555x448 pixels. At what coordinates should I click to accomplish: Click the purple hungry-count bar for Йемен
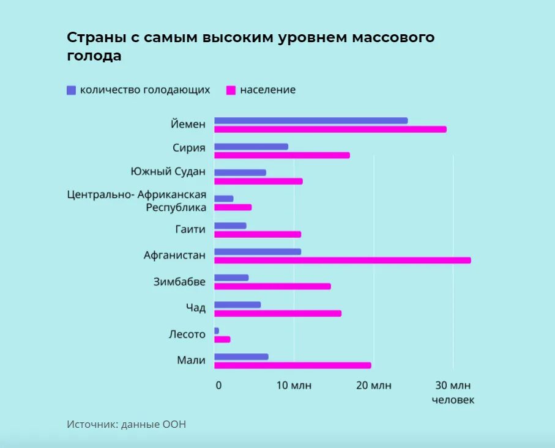click(311, 120)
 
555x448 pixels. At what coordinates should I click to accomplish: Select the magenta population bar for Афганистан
click(343, 260)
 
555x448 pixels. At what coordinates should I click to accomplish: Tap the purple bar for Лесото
click(217, 331)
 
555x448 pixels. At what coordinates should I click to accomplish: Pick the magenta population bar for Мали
click(292, 365)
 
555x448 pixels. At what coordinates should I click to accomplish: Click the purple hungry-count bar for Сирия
click(251, 147)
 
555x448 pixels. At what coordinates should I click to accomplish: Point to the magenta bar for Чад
click(278, 314)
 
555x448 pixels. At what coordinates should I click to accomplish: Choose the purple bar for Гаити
click(230, 226)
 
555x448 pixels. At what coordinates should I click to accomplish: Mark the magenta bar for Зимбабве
click(272, 286)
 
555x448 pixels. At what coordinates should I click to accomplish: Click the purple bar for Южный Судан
click(240, 172)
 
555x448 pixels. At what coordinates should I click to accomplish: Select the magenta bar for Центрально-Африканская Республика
click(233, 207)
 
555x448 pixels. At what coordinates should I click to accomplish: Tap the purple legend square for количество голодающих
click(71, 90)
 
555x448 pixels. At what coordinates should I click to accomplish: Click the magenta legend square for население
click(231, 90)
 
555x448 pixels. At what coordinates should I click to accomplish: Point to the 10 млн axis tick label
click(294, 385)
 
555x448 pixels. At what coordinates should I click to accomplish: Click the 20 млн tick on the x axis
click(374, 385)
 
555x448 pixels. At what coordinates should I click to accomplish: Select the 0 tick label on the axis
click(218, 385)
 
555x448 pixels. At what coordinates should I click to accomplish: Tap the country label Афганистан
click(174, 255)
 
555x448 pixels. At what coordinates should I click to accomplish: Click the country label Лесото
click(187, 334)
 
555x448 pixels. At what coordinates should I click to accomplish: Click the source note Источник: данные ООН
click(126, 424)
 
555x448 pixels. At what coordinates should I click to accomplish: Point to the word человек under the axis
click(453, 400)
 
